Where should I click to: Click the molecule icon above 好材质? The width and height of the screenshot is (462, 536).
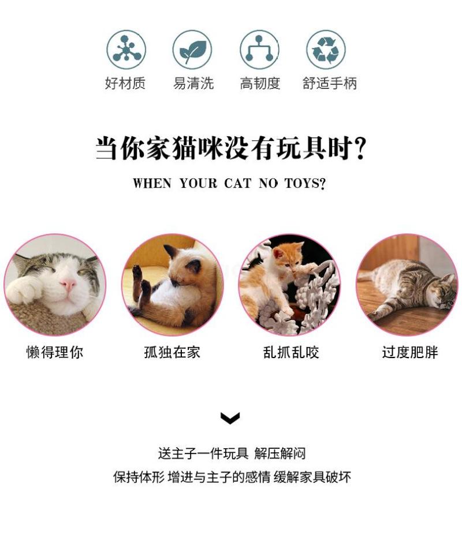(126, 50)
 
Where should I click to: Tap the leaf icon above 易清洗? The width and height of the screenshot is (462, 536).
(192, 50)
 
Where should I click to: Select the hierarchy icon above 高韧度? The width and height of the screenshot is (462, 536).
(259, 50)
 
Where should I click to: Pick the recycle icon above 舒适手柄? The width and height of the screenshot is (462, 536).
(326, 50)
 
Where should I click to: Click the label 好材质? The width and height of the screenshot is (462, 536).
(125, 83)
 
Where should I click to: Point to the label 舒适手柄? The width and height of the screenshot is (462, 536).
(329, 83)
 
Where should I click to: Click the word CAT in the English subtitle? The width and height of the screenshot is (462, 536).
(237, 183)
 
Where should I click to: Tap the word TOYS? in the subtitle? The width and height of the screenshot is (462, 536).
(305, 183)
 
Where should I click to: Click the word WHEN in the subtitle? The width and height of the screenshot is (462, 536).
(152, 183)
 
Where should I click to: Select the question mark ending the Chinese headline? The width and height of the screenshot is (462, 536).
(360, 148)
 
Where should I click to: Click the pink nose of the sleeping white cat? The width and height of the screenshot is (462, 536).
(68, 284)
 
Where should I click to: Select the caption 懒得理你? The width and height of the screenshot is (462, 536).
(55, 352)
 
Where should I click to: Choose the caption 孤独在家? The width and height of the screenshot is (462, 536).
(172, 352)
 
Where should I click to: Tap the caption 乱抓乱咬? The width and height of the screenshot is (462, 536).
(291, 352)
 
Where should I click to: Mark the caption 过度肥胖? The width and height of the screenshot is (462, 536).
(409, 352)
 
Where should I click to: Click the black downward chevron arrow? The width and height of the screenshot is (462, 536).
(230, 418)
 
